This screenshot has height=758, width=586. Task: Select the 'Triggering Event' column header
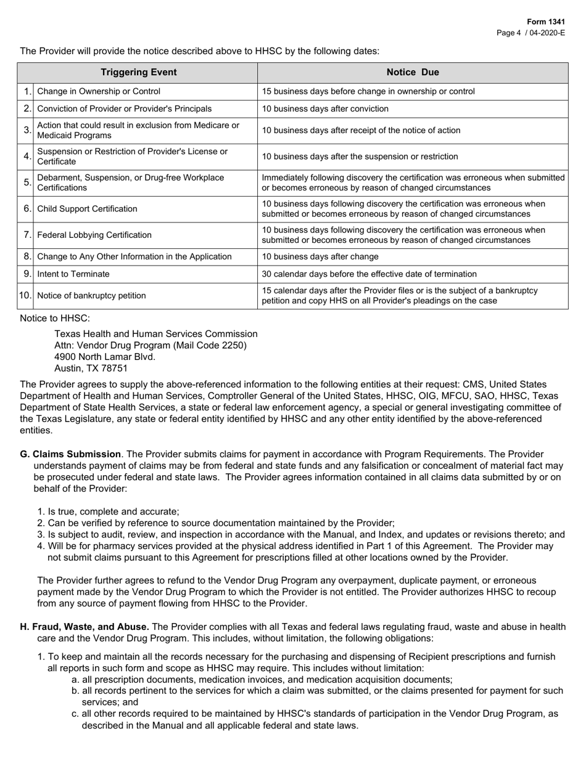click(138, 72)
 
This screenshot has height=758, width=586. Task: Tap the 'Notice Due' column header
click(413, 72)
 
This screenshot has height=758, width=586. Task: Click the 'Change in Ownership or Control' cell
click(99, 91)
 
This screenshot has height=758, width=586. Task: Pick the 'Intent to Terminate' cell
click(73, 274)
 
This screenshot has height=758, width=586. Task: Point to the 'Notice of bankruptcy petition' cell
click(92, 295)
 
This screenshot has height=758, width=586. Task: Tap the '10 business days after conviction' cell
click(325, 108)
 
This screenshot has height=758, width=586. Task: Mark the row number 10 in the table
click(25, 295)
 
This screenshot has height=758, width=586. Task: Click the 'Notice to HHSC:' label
click(55, 318)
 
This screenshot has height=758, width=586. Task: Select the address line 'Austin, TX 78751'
click(91, 369)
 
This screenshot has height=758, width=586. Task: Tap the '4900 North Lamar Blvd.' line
click(105, 357)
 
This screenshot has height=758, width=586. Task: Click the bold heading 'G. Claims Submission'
click(70, 454)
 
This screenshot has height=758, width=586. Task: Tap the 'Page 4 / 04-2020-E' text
click(531, 33)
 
